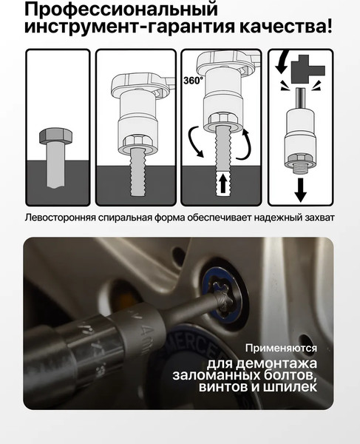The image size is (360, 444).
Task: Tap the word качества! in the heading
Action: tap(286, 27)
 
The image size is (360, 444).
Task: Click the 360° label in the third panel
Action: tap(193, 81)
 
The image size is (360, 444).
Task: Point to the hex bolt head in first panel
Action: tap(55, 135)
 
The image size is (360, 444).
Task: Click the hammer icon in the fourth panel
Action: tap(308, 69)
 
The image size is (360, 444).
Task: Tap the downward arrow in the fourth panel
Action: tap(300, 189)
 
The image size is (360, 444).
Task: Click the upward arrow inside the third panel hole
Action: tap(223, 182)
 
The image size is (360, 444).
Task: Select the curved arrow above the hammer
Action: tap(282, 61)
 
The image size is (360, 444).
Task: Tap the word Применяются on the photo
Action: tap(281, 348)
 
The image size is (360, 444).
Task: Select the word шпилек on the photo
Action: tap(290, 387)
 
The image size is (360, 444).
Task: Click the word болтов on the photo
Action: tap(288, 375)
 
